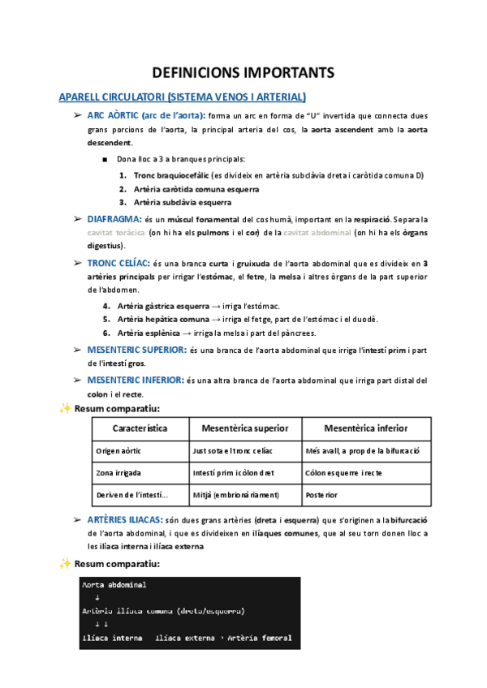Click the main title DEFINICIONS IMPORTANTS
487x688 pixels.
point(243,73)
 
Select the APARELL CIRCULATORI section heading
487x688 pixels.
point(183,97)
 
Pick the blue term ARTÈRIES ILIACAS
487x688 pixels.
point(124,519)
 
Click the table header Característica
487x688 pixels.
point(140,428)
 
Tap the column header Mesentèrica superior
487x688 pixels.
point(244,428)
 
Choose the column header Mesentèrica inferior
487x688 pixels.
point(365,428)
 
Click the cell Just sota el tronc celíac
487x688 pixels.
point(235,450)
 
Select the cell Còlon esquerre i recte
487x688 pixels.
point(343,472)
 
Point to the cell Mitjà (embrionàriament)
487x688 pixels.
point(235,494)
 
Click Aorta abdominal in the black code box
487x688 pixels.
point(114,584)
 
